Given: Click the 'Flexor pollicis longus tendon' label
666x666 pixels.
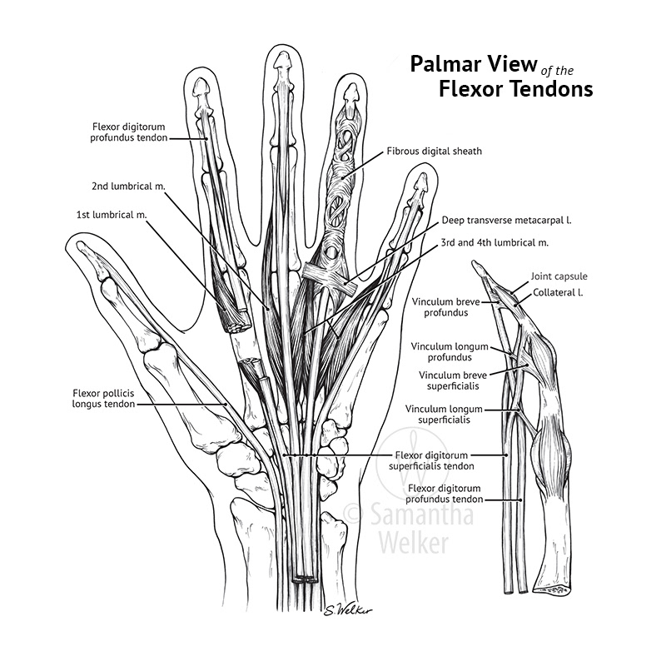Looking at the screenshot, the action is click(102, 397).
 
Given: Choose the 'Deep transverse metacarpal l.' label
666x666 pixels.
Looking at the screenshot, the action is click(511, 221).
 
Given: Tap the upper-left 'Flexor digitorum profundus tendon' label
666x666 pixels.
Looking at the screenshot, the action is click(130, 132).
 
